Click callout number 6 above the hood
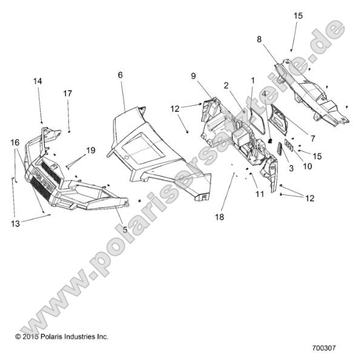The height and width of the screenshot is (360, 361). (x=120, y=75)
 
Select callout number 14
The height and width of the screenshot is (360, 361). (x=38, y=81)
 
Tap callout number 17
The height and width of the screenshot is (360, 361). (x=67, y=94)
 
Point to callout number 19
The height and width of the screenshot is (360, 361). (x=90, y=151)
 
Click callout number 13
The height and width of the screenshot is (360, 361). (x=15, y=224)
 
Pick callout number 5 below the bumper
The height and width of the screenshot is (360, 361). (x=125, y=229)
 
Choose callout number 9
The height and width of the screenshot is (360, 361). (x=193, y=76)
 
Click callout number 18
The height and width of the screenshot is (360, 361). (x=219, y=217)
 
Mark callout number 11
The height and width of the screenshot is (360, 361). (x=260, y=194)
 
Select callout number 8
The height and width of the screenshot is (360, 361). (x=259, y=39)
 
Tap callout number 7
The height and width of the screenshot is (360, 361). (x=313, y=139)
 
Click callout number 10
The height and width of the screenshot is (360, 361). (x=307, y=166)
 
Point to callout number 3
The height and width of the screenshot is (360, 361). (x=291, y=168)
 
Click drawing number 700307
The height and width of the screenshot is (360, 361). (x=324, y=347)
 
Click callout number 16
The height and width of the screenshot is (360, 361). (x=15, y=143)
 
